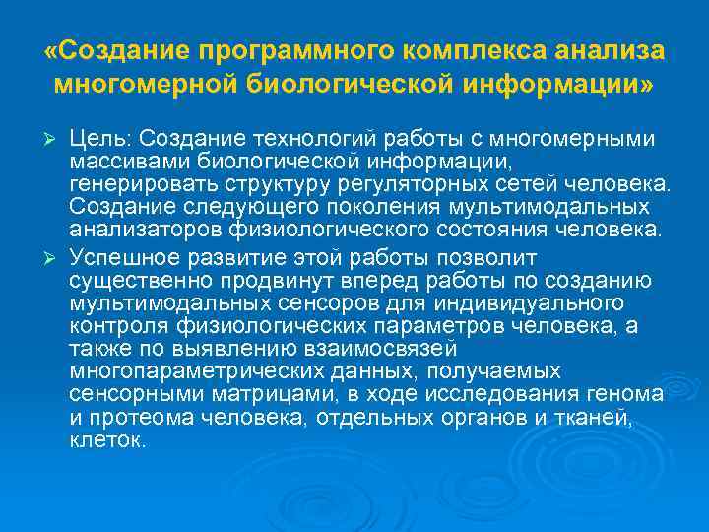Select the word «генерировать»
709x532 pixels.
pyautogui.click(x=131, y=184)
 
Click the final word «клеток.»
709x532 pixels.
pyautogui.click(x=107, y=439)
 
